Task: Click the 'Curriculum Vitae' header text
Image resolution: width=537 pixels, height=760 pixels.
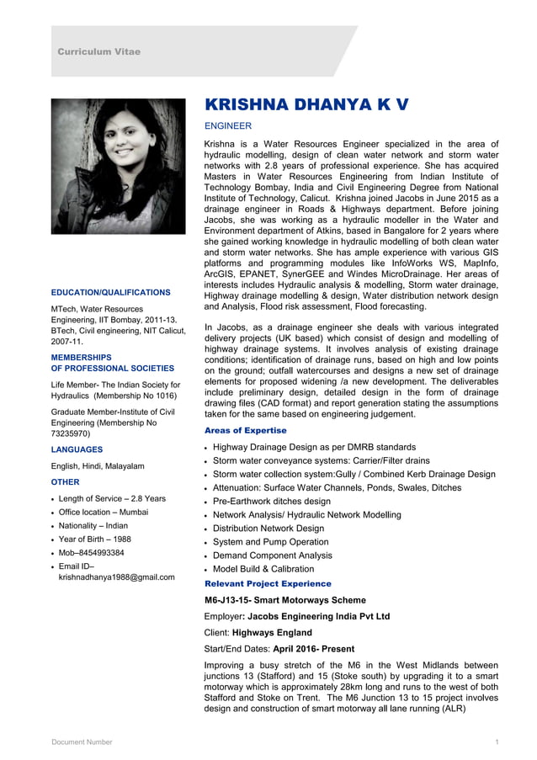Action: [x=98, y=52]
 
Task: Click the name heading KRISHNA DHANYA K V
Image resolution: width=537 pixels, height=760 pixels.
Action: [x=307, y=104]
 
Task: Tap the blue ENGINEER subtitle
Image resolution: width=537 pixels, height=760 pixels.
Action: [x=228, y=126]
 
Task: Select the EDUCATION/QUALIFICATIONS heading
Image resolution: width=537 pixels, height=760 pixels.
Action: [x=110, y=292]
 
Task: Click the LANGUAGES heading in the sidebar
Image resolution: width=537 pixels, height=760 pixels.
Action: [x=77, y=449]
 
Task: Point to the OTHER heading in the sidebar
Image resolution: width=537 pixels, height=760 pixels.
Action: [x=65, y=482]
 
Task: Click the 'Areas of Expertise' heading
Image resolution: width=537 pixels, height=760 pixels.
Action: [x=246, y=430]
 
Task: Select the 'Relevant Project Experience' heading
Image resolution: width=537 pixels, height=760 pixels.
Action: [x=268, y=583]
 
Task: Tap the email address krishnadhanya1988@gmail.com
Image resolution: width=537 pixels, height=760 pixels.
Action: [x=116, y=577]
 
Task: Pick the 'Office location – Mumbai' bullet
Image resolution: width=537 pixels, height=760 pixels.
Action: [x=103, y=512]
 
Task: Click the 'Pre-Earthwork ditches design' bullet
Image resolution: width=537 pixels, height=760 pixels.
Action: [x=271, y=501]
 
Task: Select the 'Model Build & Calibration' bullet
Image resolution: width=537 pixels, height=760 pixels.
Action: [x=263, y=569]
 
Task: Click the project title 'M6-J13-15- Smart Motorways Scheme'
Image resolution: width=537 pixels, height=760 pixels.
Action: [x=285, y=600]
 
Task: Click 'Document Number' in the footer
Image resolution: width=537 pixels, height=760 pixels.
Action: [x=82, y=741]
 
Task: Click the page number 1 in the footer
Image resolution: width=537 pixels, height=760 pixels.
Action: [x=497, y=741]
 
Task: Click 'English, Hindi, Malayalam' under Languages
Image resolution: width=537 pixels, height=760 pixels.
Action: [x=98, y=465]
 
